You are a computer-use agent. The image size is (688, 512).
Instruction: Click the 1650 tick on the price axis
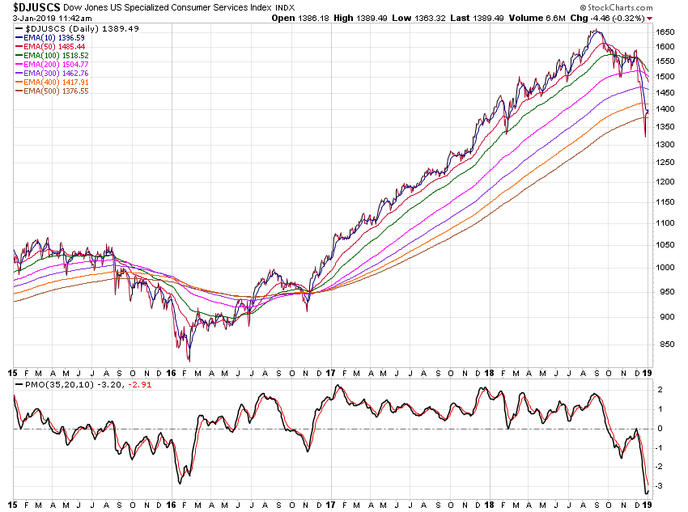665,32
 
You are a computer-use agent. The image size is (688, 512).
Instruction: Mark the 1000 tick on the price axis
665,268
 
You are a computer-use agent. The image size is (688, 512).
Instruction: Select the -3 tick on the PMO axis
660,486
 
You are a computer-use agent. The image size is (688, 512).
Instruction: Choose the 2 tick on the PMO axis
660,390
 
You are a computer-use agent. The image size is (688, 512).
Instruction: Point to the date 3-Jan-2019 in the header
34,17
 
